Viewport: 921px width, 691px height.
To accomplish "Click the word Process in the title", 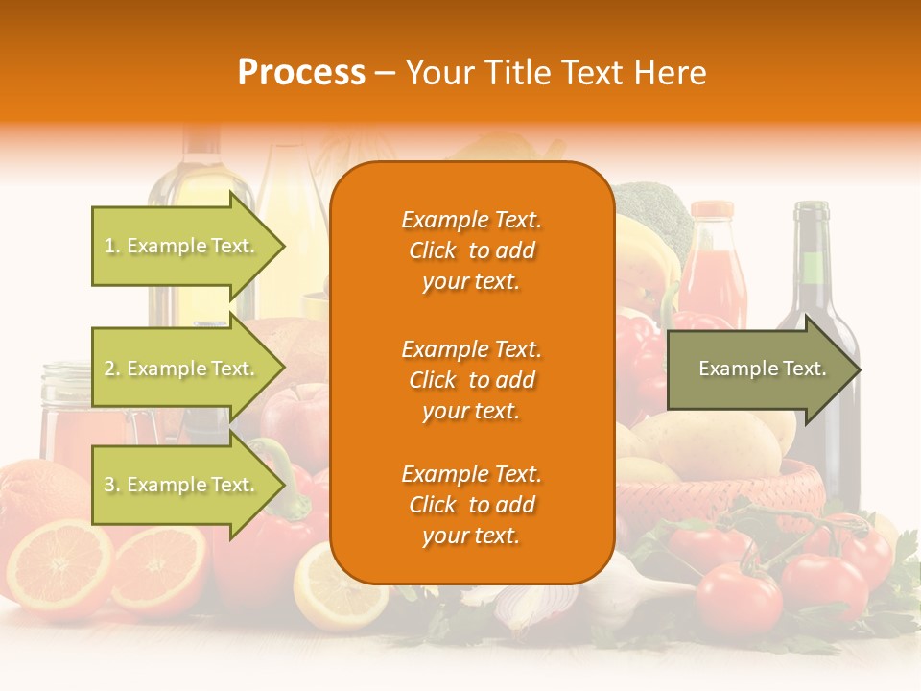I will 301,72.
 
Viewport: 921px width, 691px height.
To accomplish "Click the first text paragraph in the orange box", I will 471,250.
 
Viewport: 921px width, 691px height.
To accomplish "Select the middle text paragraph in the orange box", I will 471,380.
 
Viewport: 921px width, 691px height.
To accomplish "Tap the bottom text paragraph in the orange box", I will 471,505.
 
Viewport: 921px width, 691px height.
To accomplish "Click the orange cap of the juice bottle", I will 712,210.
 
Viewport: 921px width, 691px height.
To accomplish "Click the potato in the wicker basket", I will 705,441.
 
